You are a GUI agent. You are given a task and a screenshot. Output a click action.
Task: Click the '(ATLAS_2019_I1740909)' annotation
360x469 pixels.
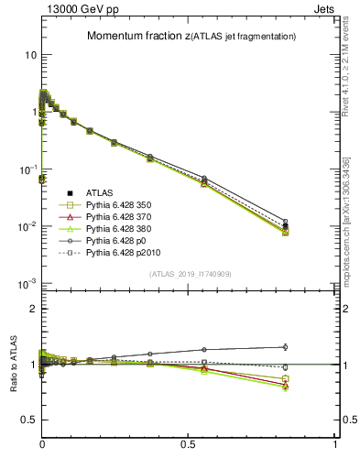(190, 274)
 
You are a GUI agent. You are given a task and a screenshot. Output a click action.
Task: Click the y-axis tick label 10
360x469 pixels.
(28, 55)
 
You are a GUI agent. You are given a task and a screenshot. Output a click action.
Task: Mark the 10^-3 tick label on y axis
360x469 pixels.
(27, 283)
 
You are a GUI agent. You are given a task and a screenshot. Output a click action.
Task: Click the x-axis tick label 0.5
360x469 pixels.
(189, 443)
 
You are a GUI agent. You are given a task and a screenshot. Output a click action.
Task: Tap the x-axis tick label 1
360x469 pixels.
(335, 443)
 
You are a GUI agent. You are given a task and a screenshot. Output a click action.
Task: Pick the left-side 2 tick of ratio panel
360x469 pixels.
(32, 309)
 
